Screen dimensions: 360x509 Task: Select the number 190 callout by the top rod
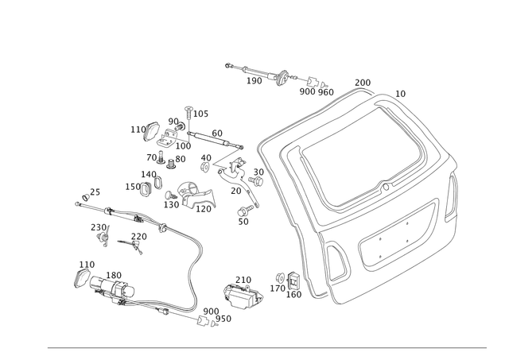tap(254, 81)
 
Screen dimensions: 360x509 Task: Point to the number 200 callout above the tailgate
tap(362, 82)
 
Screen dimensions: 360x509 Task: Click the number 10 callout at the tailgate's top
tap(400, 93)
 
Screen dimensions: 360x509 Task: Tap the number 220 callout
tap(141, 236)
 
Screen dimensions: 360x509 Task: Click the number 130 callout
tap(115, 274)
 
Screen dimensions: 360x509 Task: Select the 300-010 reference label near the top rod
tap(315, 90)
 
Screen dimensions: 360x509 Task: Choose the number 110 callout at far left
tap(85, 261)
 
